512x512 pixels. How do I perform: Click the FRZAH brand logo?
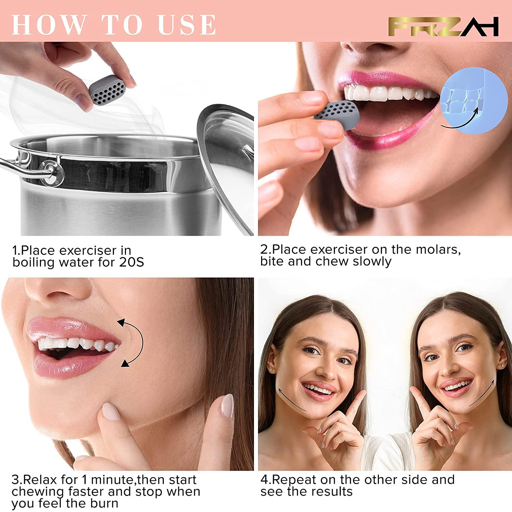[444, 27]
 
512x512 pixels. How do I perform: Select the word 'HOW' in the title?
[48, 24]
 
